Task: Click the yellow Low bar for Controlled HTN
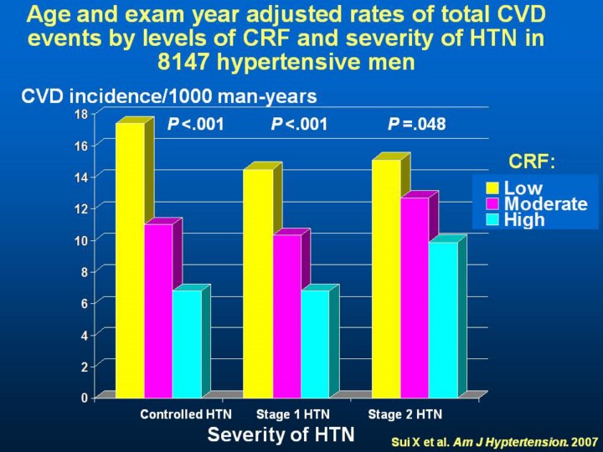[130, 259]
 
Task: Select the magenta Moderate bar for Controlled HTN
[158, 310]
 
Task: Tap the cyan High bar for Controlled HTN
[187, 343]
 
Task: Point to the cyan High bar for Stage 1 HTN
[315, 343]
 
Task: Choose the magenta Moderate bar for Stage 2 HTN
[415, 297]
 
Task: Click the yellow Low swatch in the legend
[492, 188]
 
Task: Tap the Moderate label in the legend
[545, 204]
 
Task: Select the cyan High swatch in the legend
[492, 220]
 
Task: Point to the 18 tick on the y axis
[83, 113]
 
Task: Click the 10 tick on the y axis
[83, 239]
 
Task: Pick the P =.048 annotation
[417, 125]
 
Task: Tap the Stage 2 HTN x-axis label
[405, 414]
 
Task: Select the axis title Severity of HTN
[281, 434]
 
